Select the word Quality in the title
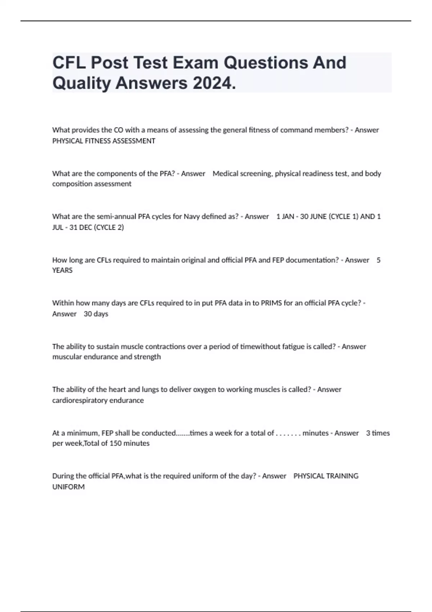coord(82,83)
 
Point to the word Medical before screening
coord(225,174)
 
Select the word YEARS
coord(62,270)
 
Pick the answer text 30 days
coord(96,314)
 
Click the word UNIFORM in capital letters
coord(68,487)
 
